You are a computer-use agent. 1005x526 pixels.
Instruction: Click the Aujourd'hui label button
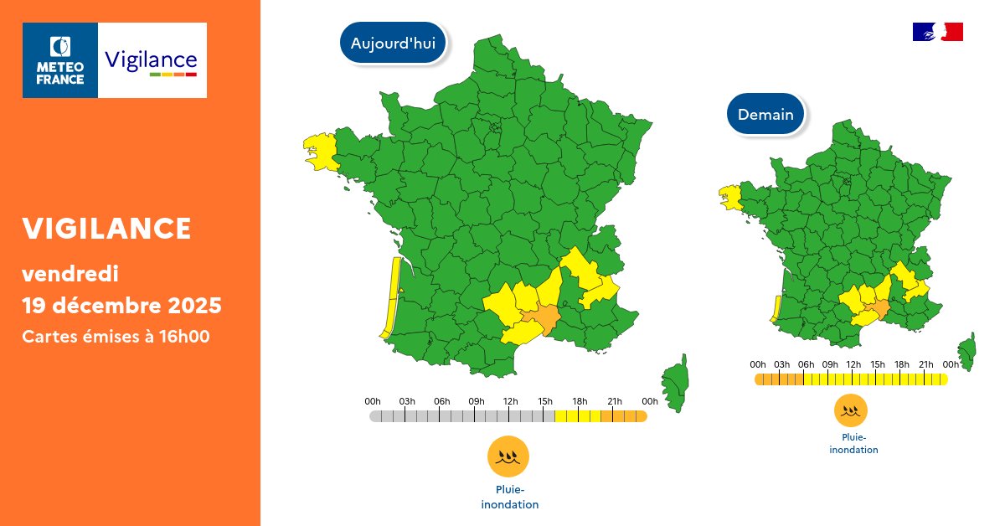coord(393,44)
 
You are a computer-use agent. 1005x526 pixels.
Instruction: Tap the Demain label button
coord(765,115)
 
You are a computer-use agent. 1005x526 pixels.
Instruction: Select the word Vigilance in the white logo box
coord(152,60)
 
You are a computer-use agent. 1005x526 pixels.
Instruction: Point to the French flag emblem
coord(937,32)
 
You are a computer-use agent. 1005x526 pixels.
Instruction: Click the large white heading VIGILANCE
coord(106,228)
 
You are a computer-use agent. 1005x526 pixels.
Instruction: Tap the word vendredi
coord(70,273)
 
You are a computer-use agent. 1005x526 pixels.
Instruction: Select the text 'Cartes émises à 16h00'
coord(115,337)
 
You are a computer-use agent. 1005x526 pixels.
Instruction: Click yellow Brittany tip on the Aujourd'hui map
coord(319,152)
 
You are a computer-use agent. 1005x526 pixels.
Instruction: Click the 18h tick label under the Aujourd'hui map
coord(580,401)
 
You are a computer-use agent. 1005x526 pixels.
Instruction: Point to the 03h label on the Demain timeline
coord(781,364)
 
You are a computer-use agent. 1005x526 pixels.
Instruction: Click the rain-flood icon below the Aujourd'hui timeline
coord(508,456)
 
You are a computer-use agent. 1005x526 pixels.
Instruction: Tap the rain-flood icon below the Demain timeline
coord(850,411)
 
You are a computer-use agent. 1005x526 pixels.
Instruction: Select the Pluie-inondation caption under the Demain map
coord(853,444)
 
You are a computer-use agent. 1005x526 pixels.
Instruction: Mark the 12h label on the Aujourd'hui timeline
coord(511,401)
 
